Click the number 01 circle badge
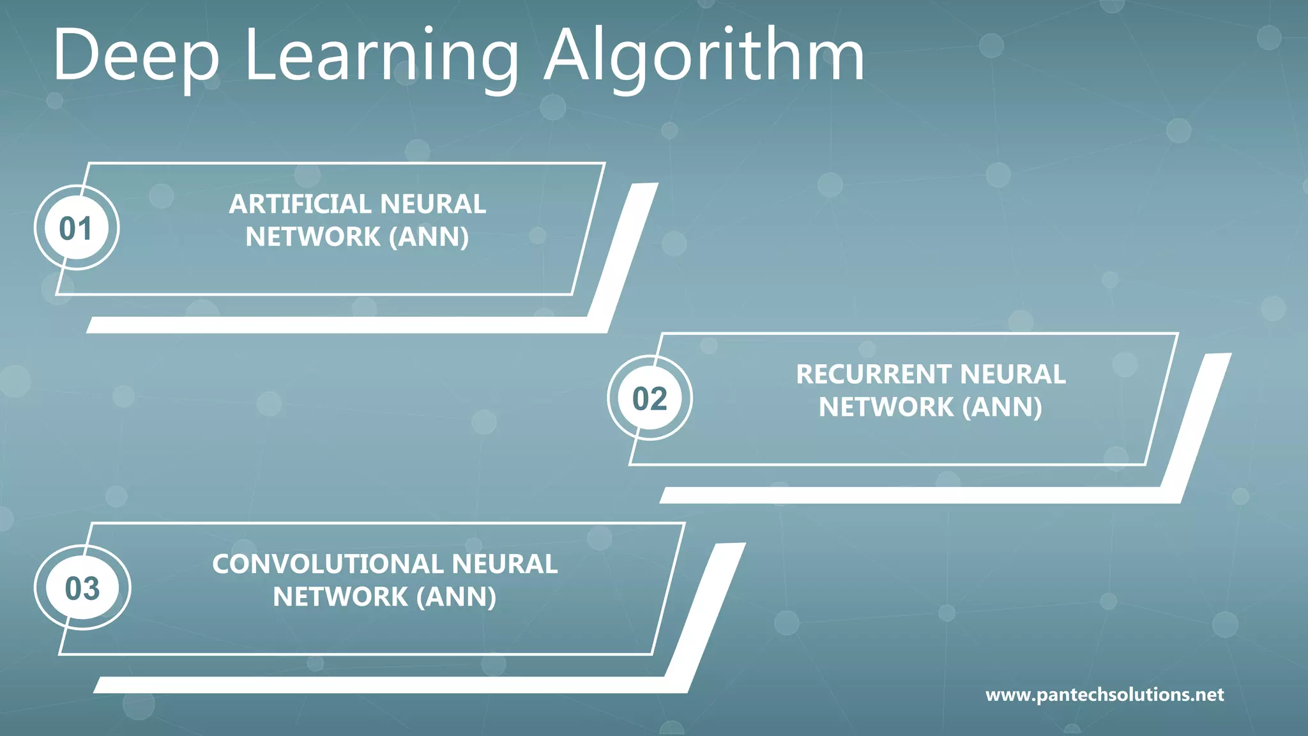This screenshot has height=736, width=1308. coord(76,228)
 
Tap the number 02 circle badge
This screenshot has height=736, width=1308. coord(650,399)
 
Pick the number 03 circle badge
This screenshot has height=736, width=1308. coord(82,588)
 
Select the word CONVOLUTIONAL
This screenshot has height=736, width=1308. coord(327,564)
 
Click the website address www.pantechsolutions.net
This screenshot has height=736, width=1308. coord(1104,694)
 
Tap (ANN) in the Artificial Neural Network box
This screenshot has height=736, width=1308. coord(429,237)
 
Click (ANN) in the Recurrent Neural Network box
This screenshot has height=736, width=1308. coord(1002,407)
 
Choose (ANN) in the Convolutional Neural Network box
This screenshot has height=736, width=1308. coord(456,597)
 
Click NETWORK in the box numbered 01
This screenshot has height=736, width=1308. coord(313,237)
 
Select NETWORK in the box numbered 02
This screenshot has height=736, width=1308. coord(886,407)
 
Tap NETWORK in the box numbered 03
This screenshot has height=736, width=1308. coord(340,597)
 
